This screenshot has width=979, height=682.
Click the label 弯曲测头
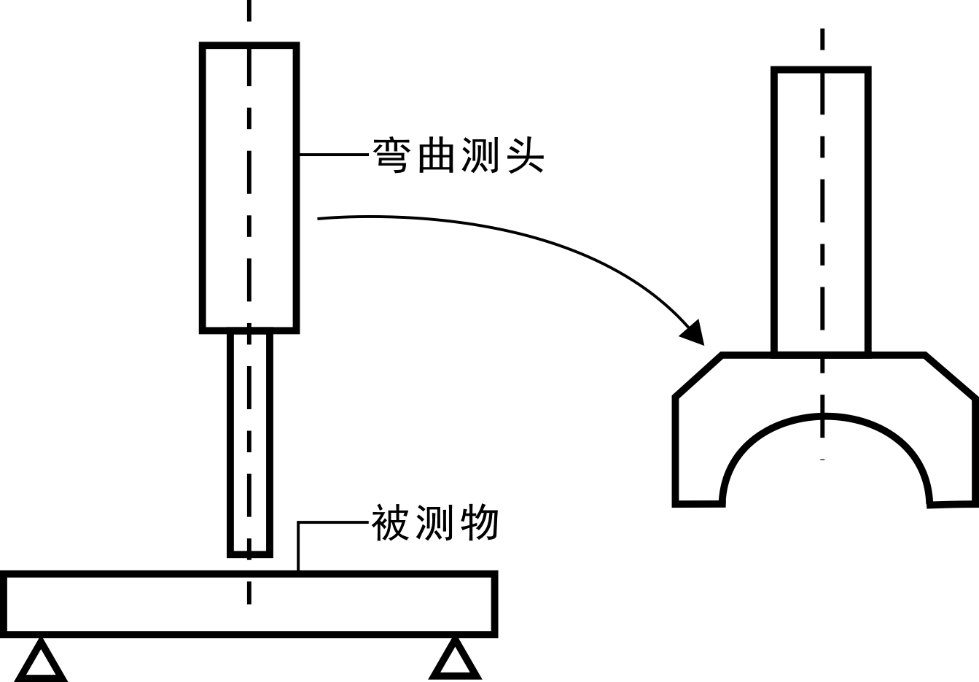pyautogui.click(x=459, y=155)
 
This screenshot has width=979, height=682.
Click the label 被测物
pyautogui.click(x=435, y=523)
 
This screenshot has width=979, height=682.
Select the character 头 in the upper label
pyautogui.click(x=525, y=155)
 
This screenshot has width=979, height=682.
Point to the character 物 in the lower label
pyautogui.click(x=480, y=523)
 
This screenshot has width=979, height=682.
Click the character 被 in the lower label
pyautogui.click(x=391, y=523)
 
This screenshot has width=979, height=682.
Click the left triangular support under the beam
pyautogui.click(x=41, y=662)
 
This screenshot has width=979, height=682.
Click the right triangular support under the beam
pyautogui.click(x=456, y=660)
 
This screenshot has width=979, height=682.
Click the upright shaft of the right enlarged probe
pyautogui.click(x=822, y=212)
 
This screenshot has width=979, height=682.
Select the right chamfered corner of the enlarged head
pyautogui.click(x=950, y=376)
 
